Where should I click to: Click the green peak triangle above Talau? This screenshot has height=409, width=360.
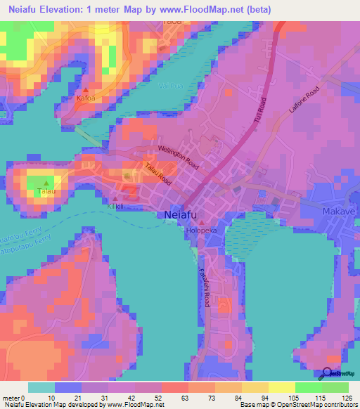(x=47, y=183)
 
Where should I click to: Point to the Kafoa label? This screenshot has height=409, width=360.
(x=85, y=100)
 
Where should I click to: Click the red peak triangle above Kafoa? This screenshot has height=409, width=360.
(x=86, y=91)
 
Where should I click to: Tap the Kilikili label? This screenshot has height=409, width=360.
(x=115, y=207)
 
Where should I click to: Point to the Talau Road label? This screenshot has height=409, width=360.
(x=158, y=174)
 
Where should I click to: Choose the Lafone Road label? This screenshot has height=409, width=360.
(x=304, y=99)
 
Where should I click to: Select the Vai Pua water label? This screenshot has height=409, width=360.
(x=167, y=86)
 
